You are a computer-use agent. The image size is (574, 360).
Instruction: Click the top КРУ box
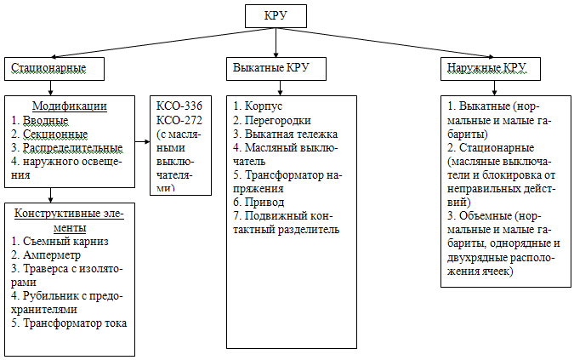[x=274, y=15]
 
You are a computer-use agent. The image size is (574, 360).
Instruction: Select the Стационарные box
[x=56, y=67]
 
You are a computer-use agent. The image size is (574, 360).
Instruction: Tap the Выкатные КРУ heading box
[x=270, y=67]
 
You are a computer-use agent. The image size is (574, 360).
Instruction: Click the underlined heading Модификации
[x=69, y=106]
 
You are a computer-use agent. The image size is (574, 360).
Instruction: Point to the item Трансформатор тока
[x=74, y=323]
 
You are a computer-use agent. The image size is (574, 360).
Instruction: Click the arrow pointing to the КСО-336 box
[x=144, y=141]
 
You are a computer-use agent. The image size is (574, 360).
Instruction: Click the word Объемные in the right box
[x=482, y=216]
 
